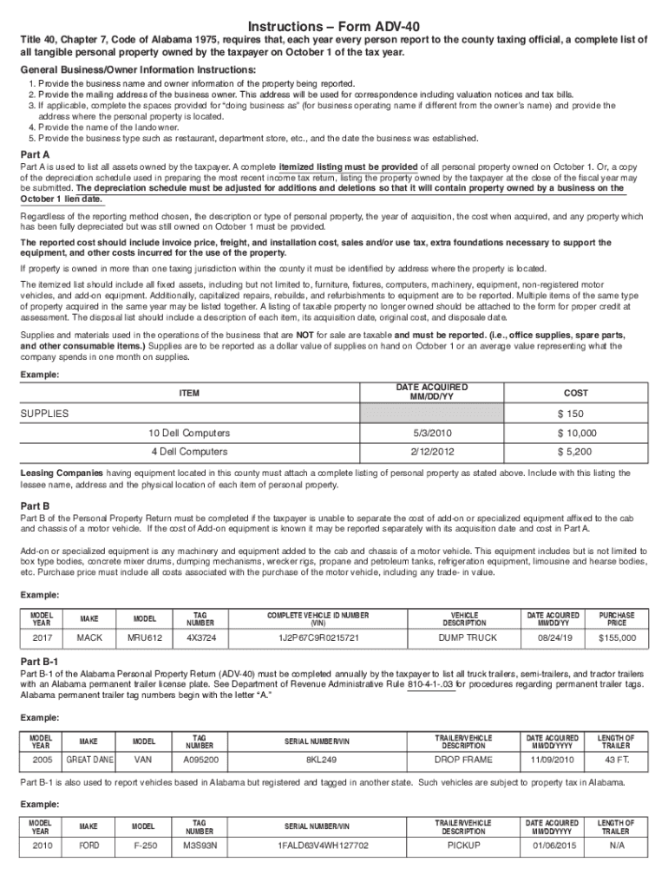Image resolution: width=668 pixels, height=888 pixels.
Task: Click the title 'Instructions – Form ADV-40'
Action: point(334,26)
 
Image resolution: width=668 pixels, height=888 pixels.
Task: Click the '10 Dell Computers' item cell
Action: point(189,433)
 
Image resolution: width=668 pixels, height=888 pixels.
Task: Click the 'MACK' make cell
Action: point(90,637)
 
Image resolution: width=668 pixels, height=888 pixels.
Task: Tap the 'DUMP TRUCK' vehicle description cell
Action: point(470,637)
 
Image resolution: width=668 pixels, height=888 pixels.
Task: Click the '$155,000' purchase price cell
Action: point(617,637)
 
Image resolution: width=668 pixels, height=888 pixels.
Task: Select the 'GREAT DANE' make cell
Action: point(90,759)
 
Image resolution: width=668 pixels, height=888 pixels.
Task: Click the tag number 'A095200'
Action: point(200,759)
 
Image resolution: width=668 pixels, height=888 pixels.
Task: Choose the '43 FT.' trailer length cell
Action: point(617,759)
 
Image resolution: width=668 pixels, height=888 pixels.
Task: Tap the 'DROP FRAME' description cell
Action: point(470,759)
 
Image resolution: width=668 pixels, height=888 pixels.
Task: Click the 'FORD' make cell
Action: point(90,844)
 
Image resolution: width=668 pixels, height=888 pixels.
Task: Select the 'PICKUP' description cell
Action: point(470,844)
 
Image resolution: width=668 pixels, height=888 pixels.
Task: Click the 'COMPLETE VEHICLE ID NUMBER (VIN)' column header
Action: point(318,617)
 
